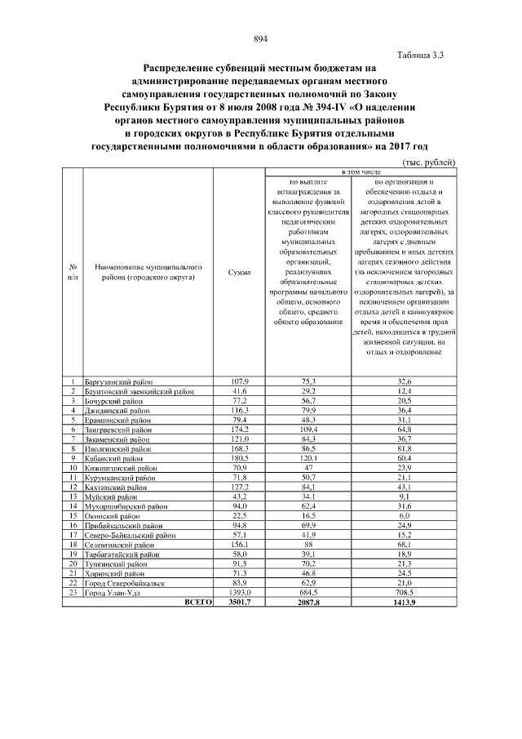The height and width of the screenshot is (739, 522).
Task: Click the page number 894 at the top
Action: [261, 40]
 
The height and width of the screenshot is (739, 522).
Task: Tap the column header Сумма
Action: [240, 272]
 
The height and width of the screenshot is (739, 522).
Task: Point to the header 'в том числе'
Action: [361, 173]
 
